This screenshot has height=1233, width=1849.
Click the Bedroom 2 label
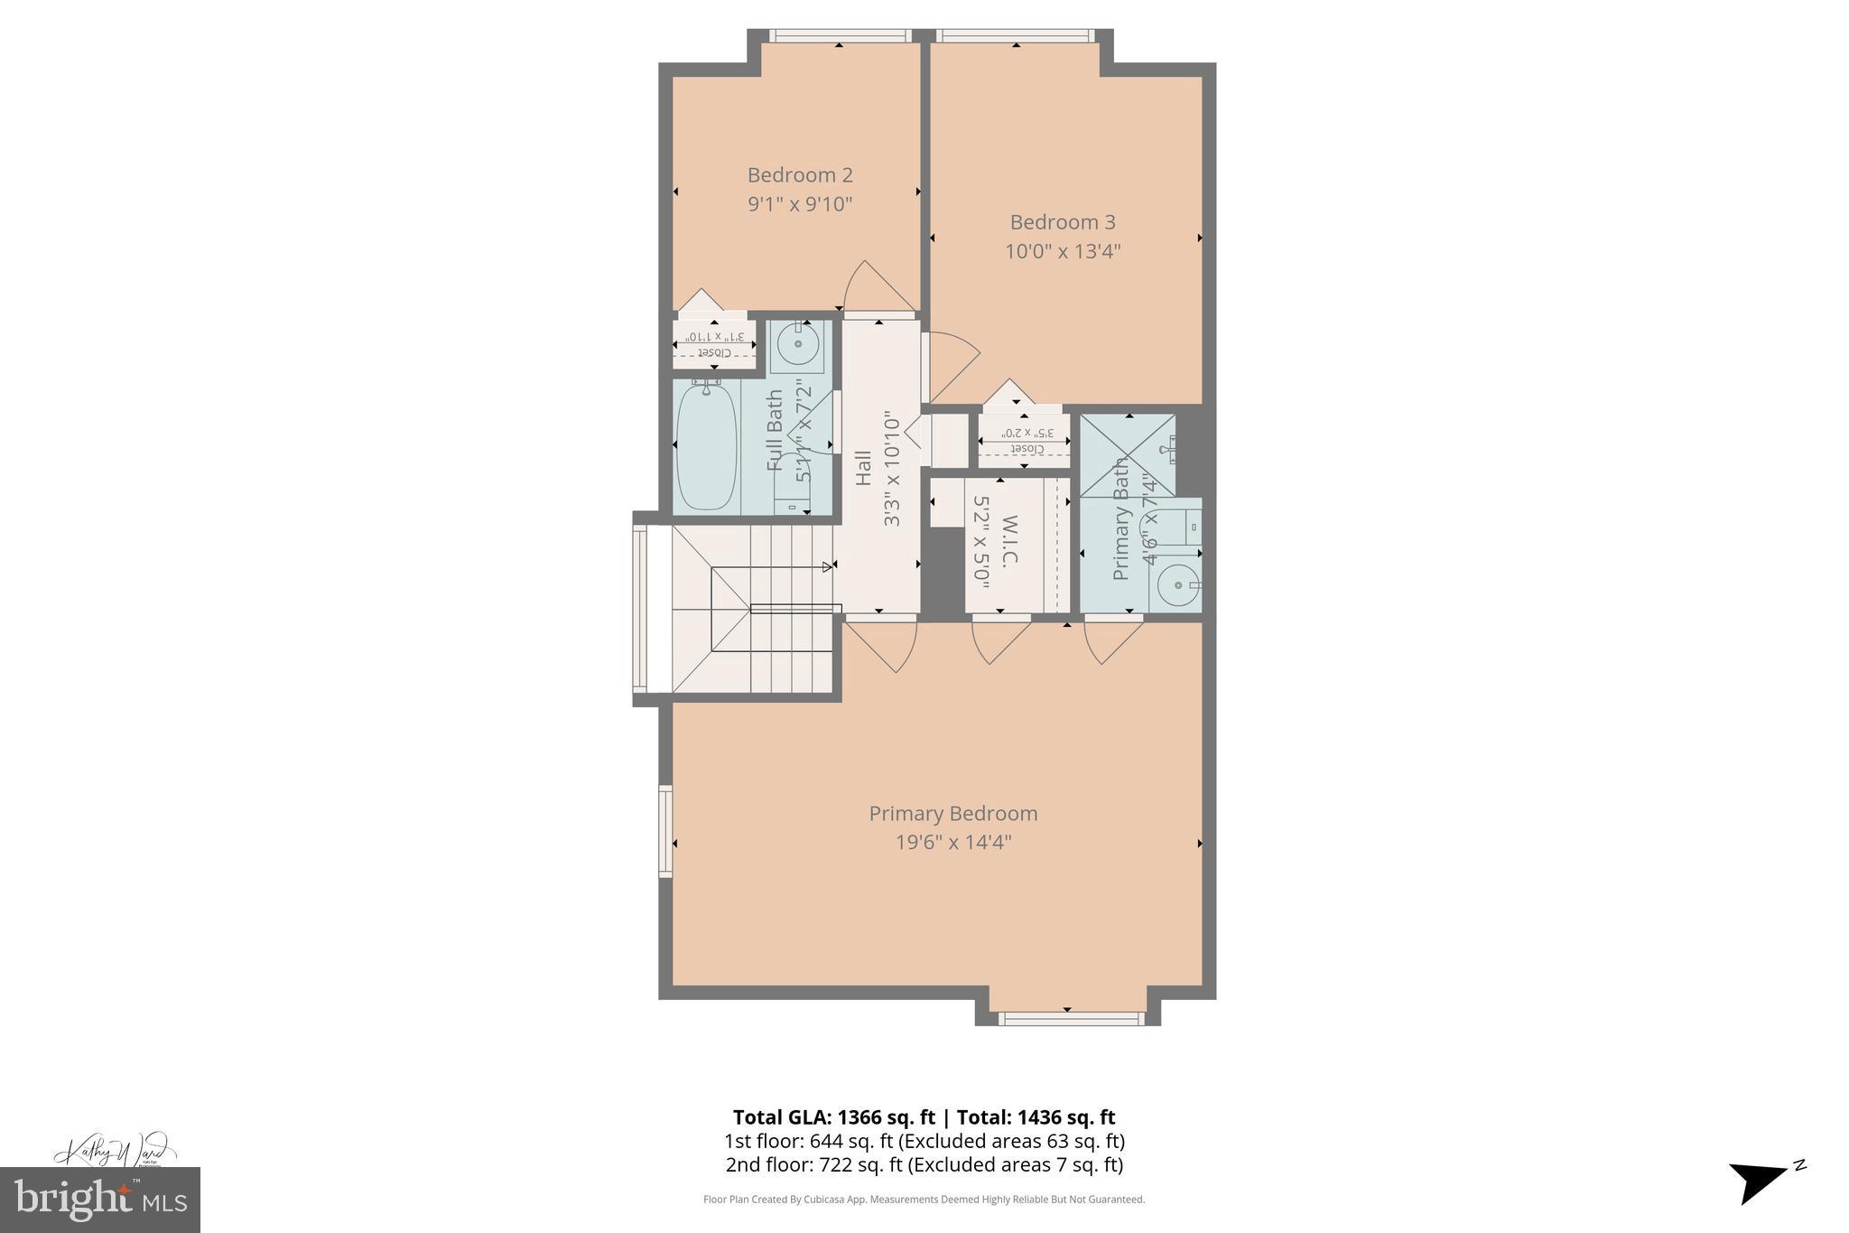[x=800, y=174]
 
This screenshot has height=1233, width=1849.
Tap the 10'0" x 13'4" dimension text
[x=1063, y=251]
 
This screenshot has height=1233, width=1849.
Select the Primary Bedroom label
[x=952, y=813]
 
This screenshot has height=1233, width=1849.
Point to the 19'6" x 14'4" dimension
[x=952, y=843]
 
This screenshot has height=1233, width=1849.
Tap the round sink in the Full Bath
[x=799, y=344]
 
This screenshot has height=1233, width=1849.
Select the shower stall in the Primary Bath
[x=1128, y=455]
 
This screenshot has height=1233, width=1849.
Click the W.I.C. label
[x=1009, y=540]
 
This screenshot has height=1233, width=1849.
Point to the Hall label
[x=864, y=468]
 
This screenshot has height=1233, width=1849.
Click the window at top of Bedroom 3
[x=1016, y=36]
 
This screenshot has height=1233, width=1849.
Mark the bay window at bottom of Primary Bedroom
[x=1070, y=1018]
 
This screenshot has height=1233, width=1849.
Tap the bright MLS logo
[x=99, y=1199]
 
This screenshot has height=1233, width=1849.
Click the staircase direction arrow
[x=828, y=567]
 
